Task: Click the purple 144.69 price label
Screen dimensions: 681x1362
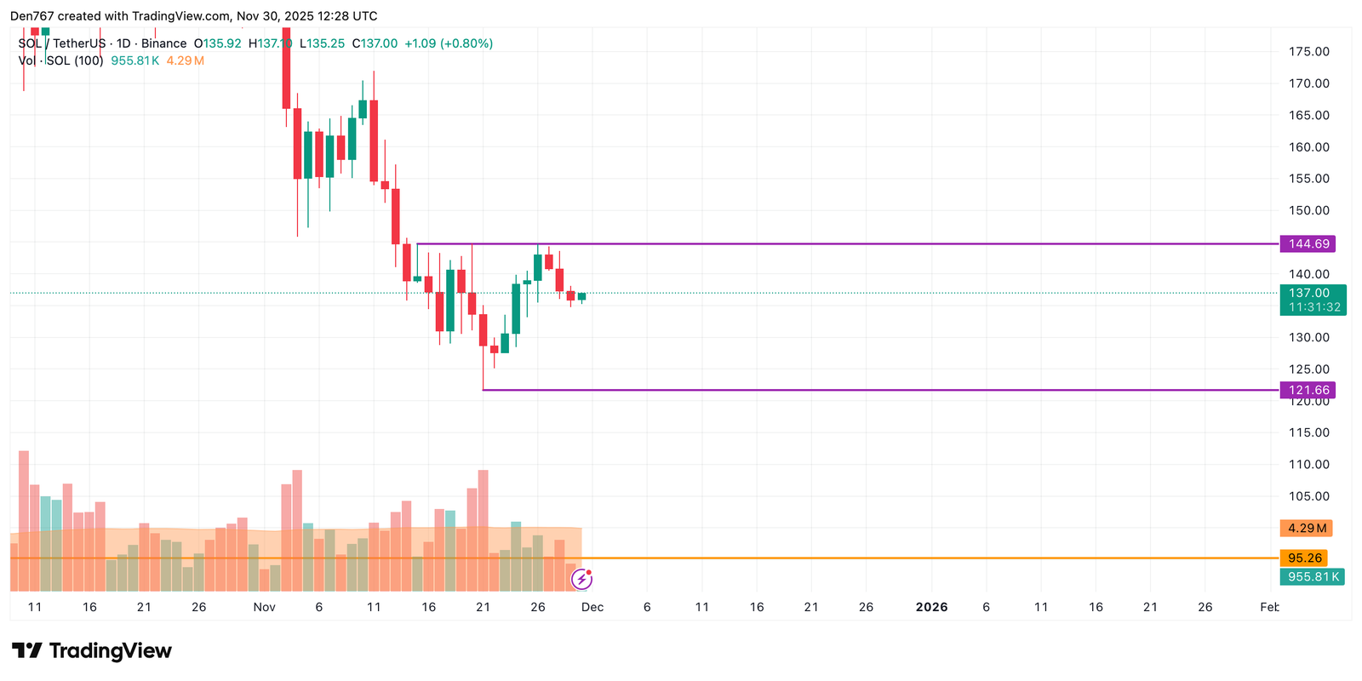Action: [1308, 244]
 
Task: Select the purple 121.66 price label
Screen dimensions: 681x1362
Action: [1308, 390]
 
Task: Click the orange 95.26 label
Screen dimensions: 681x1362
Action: [1304, 558]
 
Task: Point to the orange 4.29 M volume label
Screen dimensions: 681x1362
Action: [1306, 529]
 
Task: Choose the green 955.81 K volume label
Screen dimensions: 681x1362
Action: [1312, 577]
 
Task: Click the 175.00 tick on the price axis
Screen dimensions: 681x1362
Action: [1308, 52]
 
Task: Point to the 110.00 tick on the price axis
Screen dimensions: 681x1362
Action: [1308, 465]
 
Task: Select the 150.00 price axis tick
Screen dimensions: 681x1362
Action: [1308, 210]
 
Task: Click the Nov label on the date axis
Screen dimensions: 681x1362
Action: [264, 607]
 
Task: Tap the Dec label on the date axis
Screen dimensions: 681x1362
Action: [592, 607]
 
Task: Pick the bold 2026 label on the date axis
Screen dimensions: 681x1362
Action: [931, 607]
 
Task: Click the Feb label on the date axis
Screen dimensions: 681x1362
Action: [1268, 607]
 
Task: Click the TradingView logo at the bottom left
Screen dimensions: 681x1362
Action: [92, 651]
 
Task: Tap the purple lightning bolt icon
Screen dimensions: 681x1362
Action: [581, 580]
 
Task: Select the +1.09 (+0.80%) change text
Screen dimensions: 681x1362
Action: [449, 43]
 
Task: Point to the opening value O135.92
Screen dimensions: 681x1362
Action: [217, 43]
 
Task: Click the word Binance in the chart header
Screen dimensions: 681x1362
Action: [163, 43]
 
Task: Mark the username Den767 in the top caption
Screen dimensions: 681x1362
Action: [31, 16]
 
